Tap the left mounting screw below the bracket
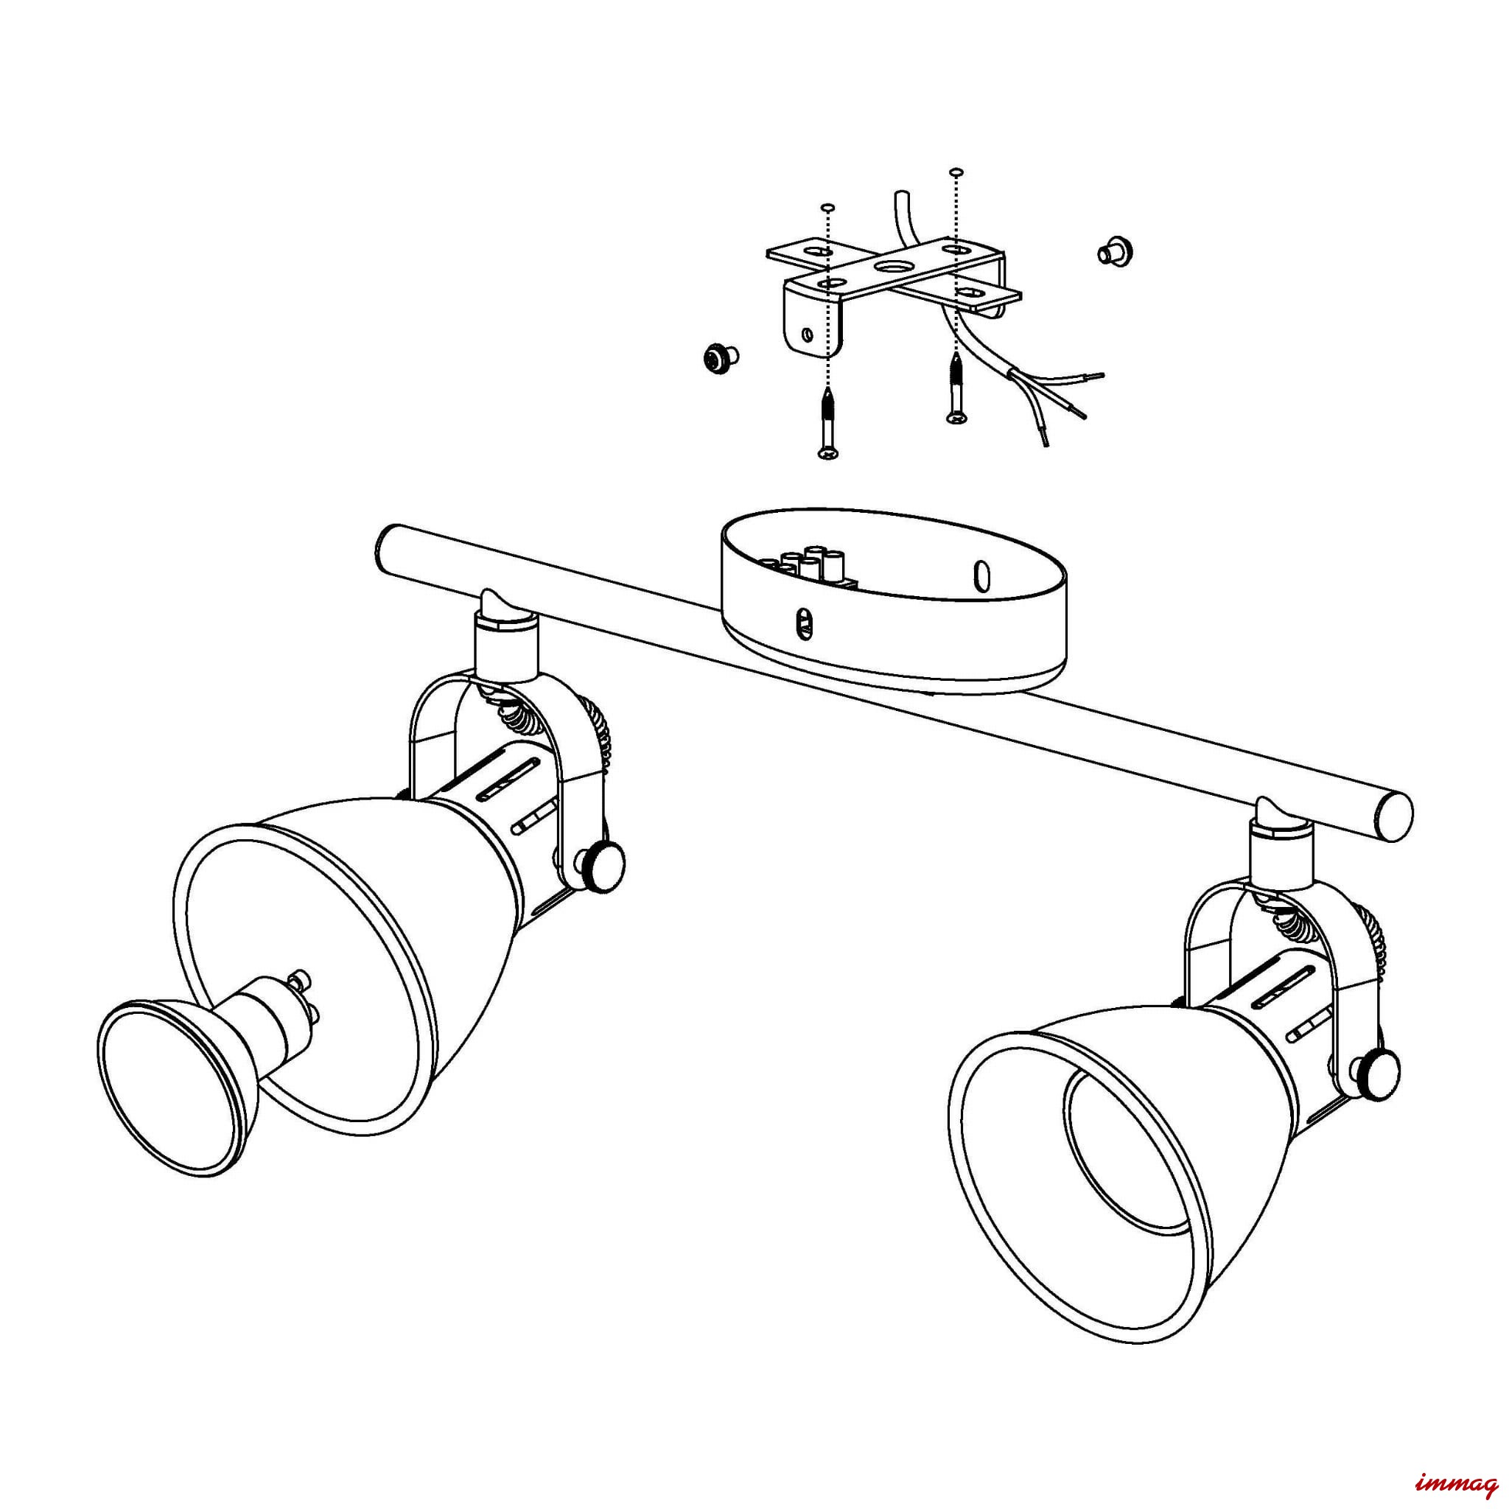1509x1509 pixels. point(827,425)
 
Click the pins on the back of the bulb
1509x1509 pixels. point(303,997)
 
